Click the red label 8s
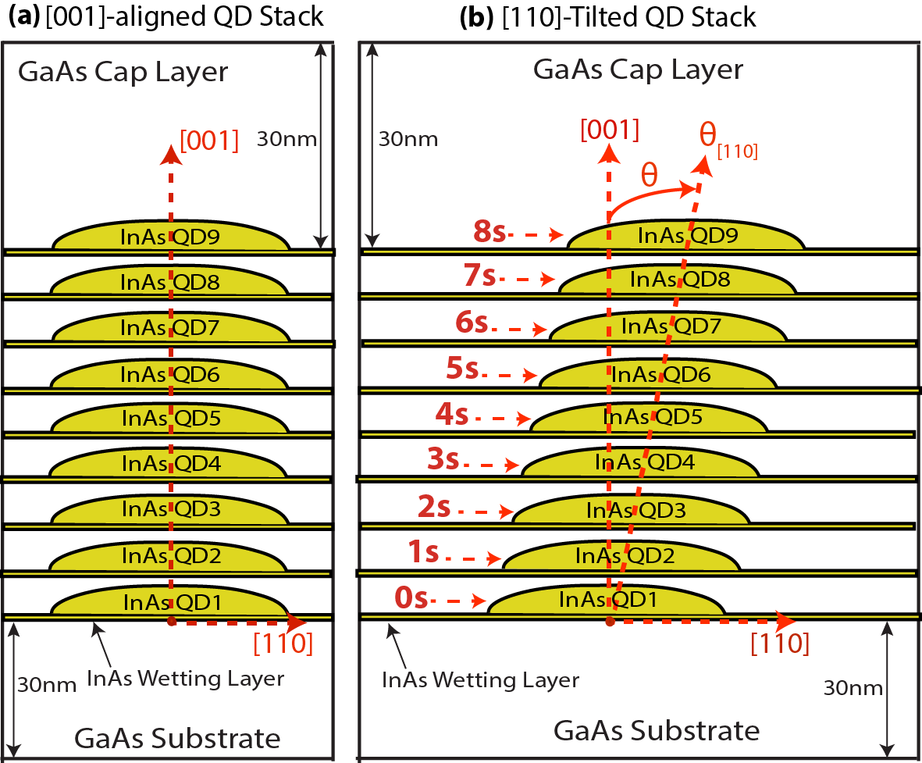490,231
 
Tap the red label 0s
411,598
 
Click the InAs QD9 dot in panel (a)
170,236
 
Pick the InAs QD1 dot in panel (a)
170,602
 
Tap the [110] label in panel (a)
283,644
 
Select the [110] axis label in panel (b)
778,644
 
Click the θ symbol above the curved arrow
649,173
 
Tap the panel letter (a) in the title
20,16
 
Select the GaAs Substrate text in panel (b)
656,731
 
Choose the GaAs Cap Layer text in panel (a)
123,72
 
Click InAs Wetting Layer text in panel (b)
480,679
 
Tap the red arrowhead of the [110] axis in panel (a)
297,622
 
